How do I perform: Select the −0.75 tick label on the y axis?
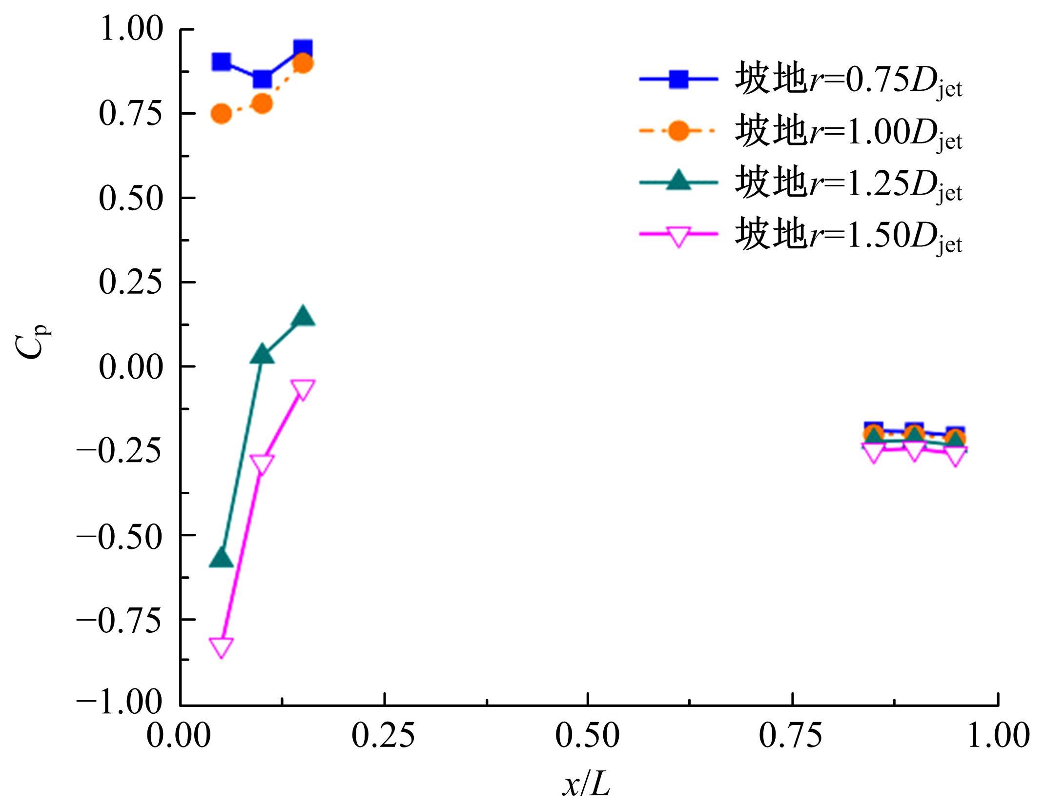point(119,620)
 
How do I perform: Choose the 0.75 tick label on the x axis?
point(791,736)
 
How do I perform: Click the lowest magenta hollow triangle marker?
point(221,646)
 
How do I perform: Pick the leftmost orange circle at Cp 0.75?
point(221,114)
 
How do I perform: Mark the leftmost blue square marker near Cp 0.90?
point(221,62)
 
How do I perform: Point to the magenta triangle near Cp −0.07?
point(303,389)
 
